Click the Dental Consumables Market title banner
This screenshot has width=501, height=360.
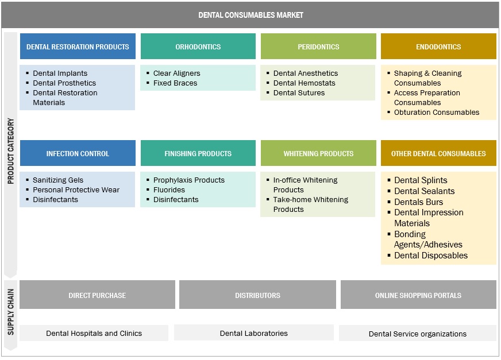[250, 15]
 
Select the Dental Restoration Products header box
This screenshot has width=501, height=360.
[78, 47]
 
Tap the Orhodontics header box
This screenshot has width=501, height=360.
[198, 47]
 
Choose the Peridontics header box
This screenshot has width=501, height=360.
[318, 47]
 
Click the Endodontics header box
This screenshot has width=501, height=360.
[438, 47]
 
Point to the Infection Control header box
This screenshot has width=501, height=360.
[78, 153]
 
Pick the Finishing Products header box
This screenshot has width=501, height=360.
[198, 153]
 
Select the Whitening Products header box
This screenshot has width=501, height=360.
[318, 153]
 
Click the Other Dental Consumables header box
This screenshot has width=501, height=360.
[438, 153]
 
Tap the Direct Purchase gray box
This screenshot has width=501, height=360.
[97, 295]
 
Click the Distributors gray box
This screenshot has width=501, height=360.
[257, 295]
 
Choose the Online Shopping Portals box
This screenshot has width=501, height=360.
[418, 295]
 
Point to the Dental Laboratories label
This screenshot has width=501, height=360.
[253, 333]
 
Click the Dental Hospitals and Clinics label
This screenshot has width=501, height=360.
[94, 333]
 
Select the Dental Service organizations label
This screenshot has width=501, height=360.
[418, 334]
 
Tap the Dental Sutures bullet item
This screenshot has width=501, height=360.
[299, 93]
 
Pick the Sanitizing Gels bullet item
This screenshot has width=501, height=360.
[58, 180]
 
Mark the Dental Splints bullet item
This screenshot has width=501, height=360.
[421, 180]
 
